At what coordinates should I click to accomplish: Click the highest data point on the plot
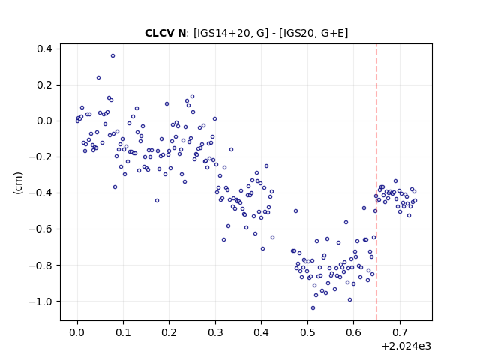(113, 56)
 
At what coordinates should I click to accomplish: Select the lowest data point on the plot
(313, 308)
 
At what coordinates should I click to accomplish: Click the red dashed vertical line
(376, 182)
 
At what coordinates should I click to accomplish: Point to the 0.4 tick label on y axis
(45, 49)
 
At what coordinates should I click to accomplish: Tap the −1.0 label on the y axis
(40, 301)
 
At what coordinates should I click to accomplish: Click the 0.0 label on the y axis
(45, 121)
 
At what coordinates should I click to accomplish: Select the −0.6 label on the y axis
(40, 229)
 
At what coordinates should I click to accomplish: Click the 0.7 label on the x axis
(400, 332)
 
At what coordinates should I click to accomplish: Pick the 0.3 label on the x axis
(215, 332)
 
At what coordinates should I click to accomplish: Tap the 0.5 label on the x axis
(307, 332)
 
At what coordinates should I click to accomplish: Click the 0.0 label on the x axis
(77, 332)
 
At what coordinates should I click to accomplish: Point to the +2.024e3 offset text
(406, 346)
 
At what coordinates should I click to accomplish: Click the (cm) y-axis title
(18, 183)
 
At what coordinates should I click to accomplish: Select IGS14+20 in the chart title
(220, 33)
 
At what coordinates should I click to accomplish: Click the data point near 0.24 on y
(98, 78)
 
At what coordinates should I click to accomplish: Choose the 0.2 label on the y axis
(45, 85)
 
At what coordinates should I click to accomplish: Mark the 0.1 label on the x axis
(123, 332)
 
